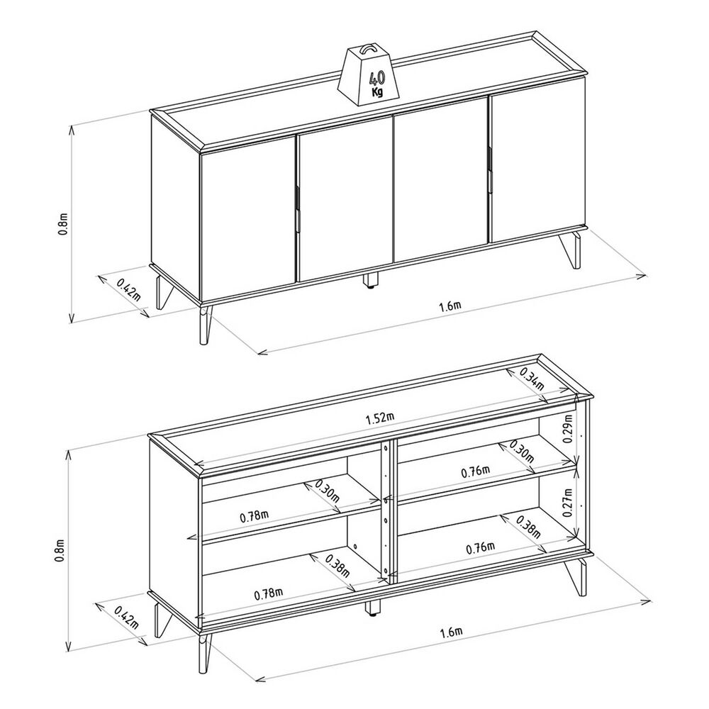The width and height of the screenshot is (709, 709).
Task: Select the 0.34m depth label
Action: coord(531,379)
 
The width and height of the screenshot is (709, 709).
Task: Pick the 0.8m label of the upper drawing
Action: coord(63,223)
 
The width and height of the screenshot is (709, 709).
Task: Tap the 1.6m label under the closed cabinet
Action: coord(450,307)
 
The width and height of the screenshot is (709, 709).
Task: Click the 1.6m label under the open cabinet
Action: coord(451,632)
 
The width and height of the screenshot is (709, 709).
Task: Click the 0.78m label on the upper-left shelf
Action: coord(255,516)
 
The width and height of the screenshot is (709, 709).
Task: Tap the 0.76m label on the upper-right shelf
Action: coord(476,472)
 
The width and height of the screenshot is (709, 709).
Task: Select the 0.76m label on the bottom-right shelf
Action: coord(481,549)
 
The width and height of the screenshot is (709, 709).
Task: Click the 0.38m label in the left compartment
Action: coord(337,566)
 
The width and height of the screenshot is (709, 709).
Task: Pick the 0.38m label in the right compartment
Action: coord(528,527)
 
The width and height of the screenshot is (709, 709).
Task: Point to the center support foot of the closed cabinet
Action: coord(372,280)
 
